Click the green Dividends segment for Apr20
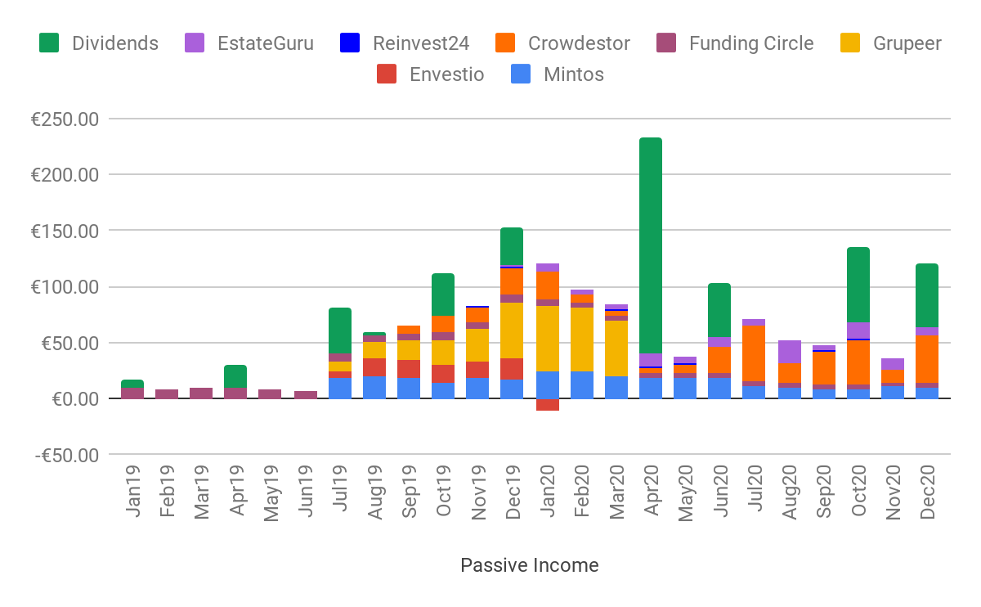tap(651, 245)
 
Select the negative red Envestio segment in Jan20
tap(548, 404)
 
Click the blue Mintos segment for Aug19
tap(374, 387)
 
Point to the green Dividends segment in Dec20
tap(927, 295)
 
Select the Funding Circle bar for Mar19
tap(201, 393)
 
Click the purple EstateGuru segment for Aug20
tap(790, 352)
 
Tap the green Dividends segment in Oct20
tap(858, 285)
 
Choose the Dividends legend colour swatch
tap(49, 43)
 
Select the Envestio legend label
tap(446, 74)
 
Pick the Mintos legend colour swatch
tap(521, 74)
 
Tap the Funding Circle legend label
tap(751, 43)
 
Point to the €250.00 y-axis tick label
tap(65, 119)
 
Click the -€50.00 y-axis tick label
tap(65, 455)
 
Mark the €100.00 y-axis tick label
tap(65, 287)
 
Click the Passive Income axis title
tap(529, 565)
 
